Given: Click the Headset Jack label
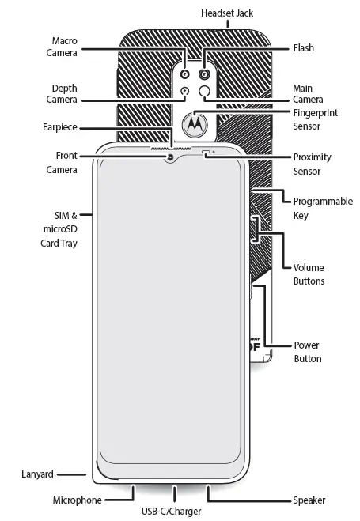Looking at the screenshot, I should (x=227, y=13).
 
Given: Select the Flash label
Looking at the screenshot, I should (x=304, y=48).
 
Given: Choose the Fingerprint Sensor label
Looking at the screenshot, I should (x=315, y=119).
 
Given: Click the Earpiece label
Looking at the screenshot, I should (x=60, y=126).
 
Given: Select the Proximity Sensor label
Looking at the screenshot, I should (x=313, y=164).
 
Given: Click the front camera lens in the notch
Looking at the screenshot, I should (x=170, y=157).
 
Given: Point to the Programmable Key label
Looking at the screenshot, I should (x=322, y=208).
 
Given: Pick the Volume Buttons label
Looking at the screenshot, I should (x=309, y=274).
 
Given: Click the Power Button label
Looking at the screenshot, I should (x=307, y=352).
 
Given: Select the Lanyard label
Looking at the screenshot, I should (x=37, y=474).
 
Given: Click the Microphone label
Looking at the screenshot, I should (x=77, y=500).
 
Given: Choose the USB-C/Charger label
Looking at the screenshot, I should (x=172, y=512).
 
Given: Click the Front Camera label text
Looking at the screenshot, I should (x=61, y=163).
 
